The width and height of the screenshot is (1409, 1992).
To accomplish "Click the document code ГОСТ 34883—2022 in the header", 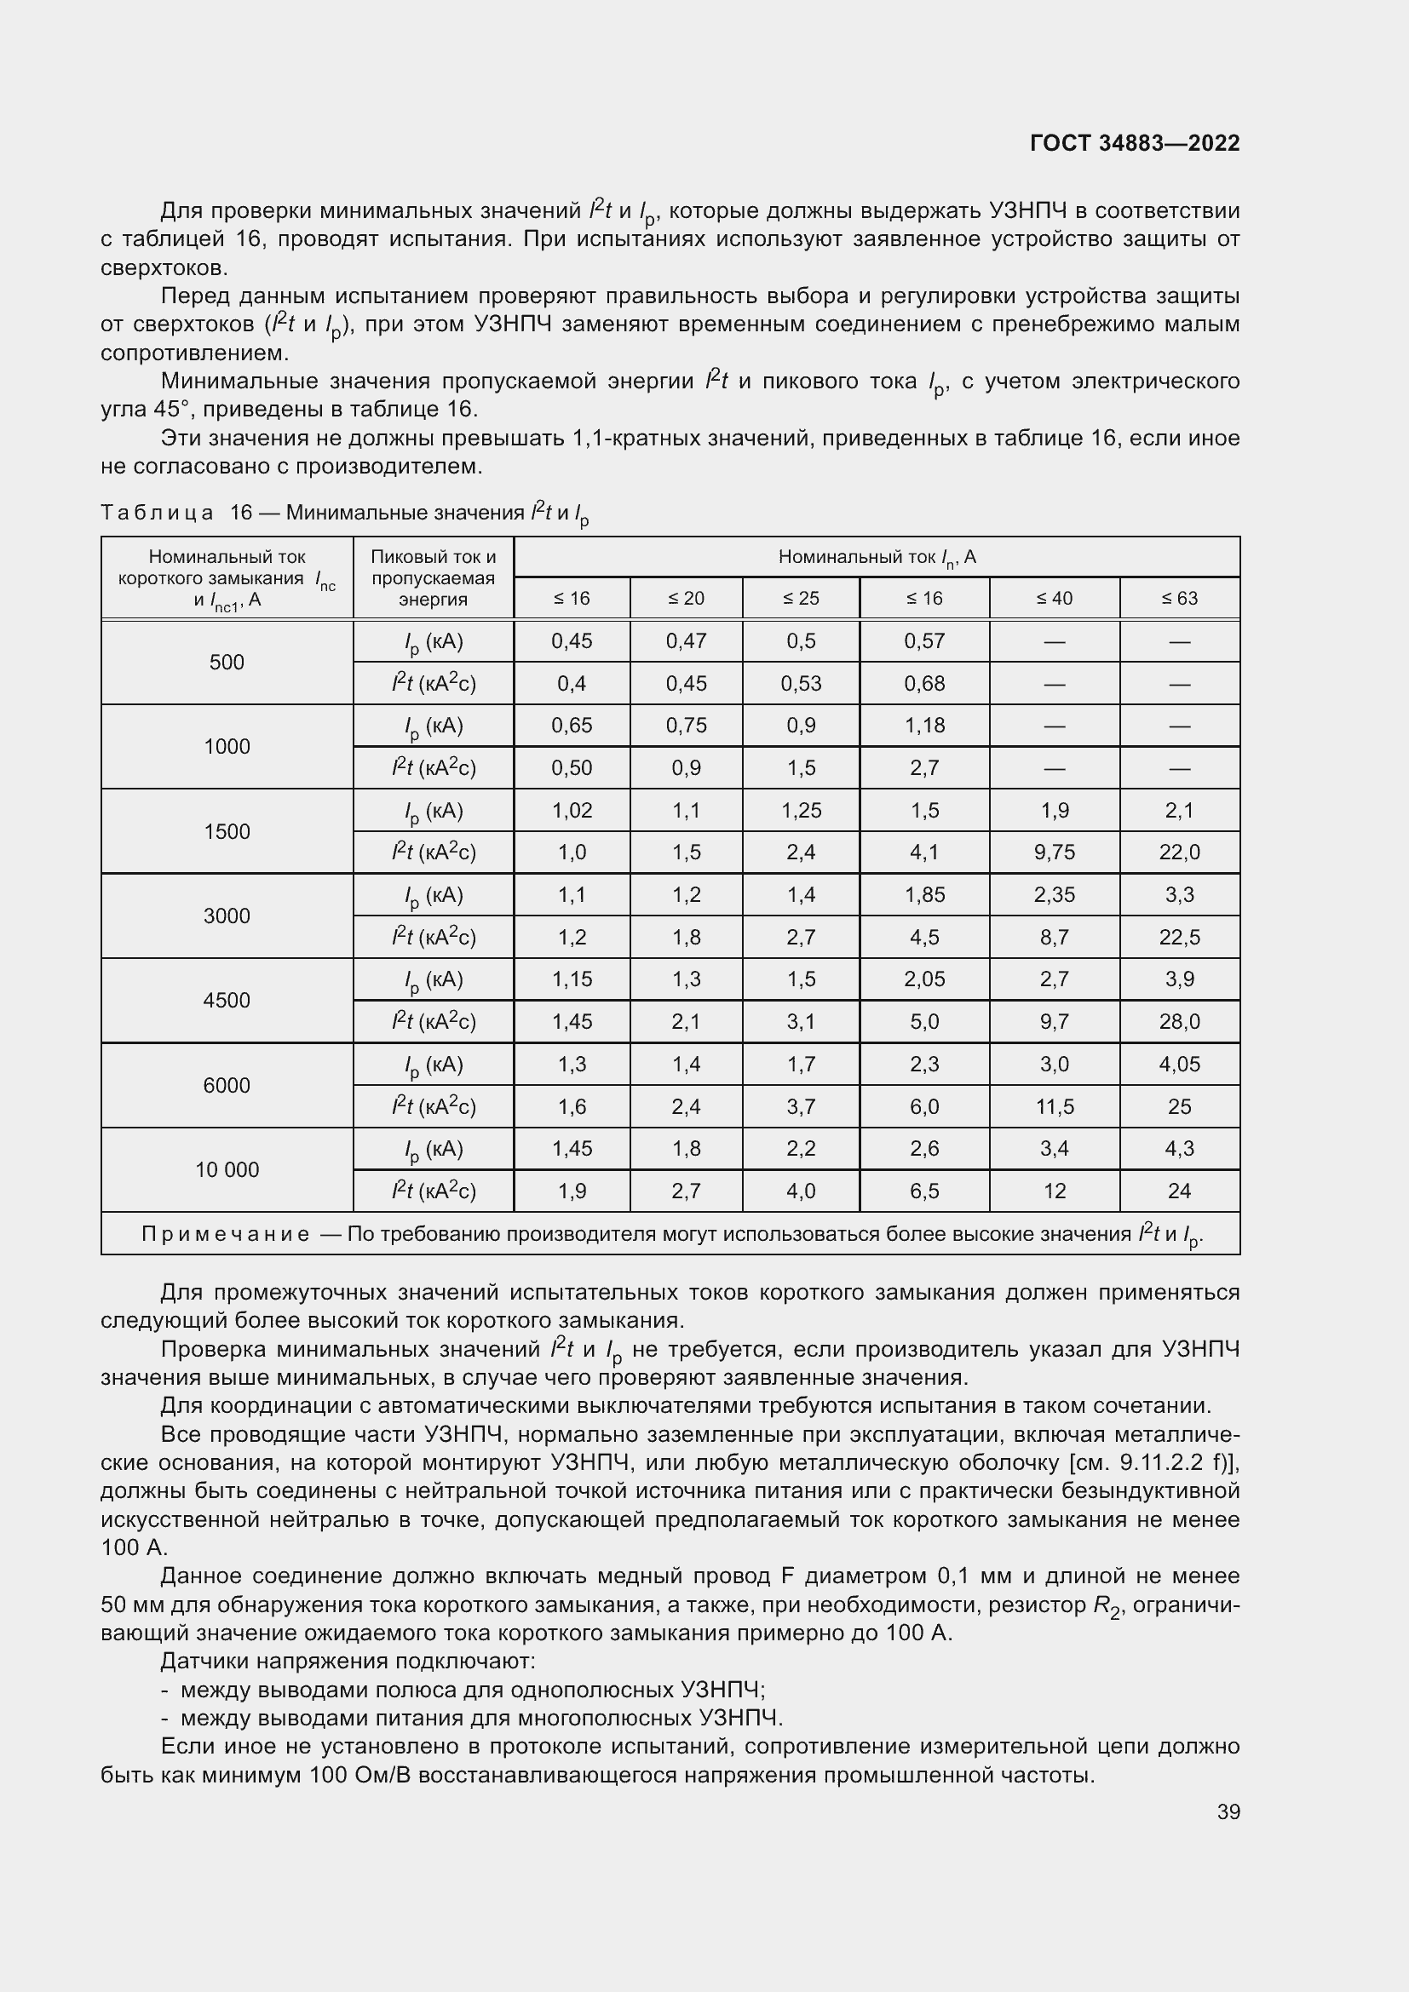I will coord(1134,143).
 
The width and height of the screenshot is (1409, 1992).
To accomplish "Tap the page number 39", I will coord(1228,1811).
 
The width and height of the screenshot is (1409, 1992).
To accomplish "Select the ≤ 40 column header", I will coord(1054,598).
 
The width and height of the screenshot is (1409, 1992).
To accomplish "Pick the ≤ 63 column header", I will coord(1179,598).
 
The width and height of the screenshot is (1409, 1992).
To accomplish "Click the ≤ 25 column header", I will coord(800,598).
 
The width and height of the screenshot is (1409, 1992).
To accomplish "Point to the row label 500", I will coord(227,662).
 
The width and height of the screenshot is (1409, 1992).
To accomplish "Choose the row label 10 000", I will coord(227,1169).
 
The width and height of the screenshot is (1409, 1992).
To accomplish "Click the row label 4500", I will coord(227,1001).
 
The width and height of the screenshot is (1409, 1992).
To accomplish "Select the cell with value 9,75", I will coord(1054,852).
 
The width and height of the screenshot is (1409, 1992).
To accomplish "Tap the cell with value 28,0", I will coord(1179,1021).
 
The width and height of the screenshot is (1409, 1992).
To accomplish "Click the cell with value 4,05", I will coord(1179,1064).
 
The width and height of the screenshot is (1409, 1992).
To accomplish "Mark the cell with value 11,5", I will coord(1054,1106).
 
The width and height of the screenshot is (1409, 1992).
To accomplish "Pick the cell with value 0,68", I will coord(924,684).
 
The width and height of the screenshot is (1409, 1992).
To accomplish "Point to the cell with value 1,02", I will coord(572,810).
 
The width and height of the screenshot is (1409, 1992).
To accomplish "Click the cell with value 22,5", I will coord(1179,937).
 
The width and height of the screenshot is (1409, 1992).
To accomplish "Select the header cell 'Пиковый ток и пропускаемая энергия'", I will coord(433,577).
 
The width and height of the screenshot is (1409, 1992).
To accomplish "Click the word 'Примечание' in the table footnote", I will coord(226,1235).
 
